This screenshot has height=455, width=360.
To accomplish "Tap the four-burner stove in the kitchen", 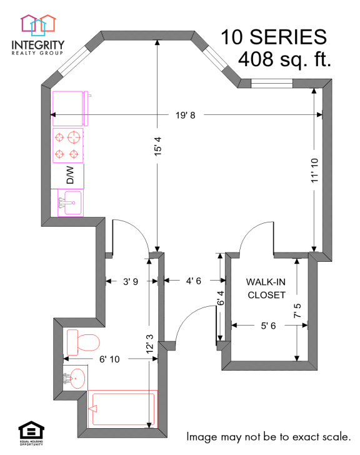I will point(67,145).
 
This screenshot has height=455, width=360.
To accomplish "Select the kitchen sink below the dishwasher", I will point(70,202).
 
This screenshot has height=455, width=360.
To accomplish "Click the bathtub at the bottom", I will point(122,409).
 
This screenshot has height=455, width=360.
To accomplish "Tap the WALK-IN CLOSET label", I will point(267,288).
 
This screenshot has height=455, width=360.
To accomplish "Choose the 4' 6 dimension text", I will point(192,281).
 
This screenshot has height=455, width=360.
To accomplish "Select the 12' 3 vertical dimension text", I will point(149,343).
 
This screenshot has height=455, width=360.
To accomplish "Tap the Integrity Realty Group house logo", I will point(37,24).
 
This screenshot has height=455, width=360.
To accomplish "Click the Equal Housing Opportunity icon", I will point(29,431).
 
